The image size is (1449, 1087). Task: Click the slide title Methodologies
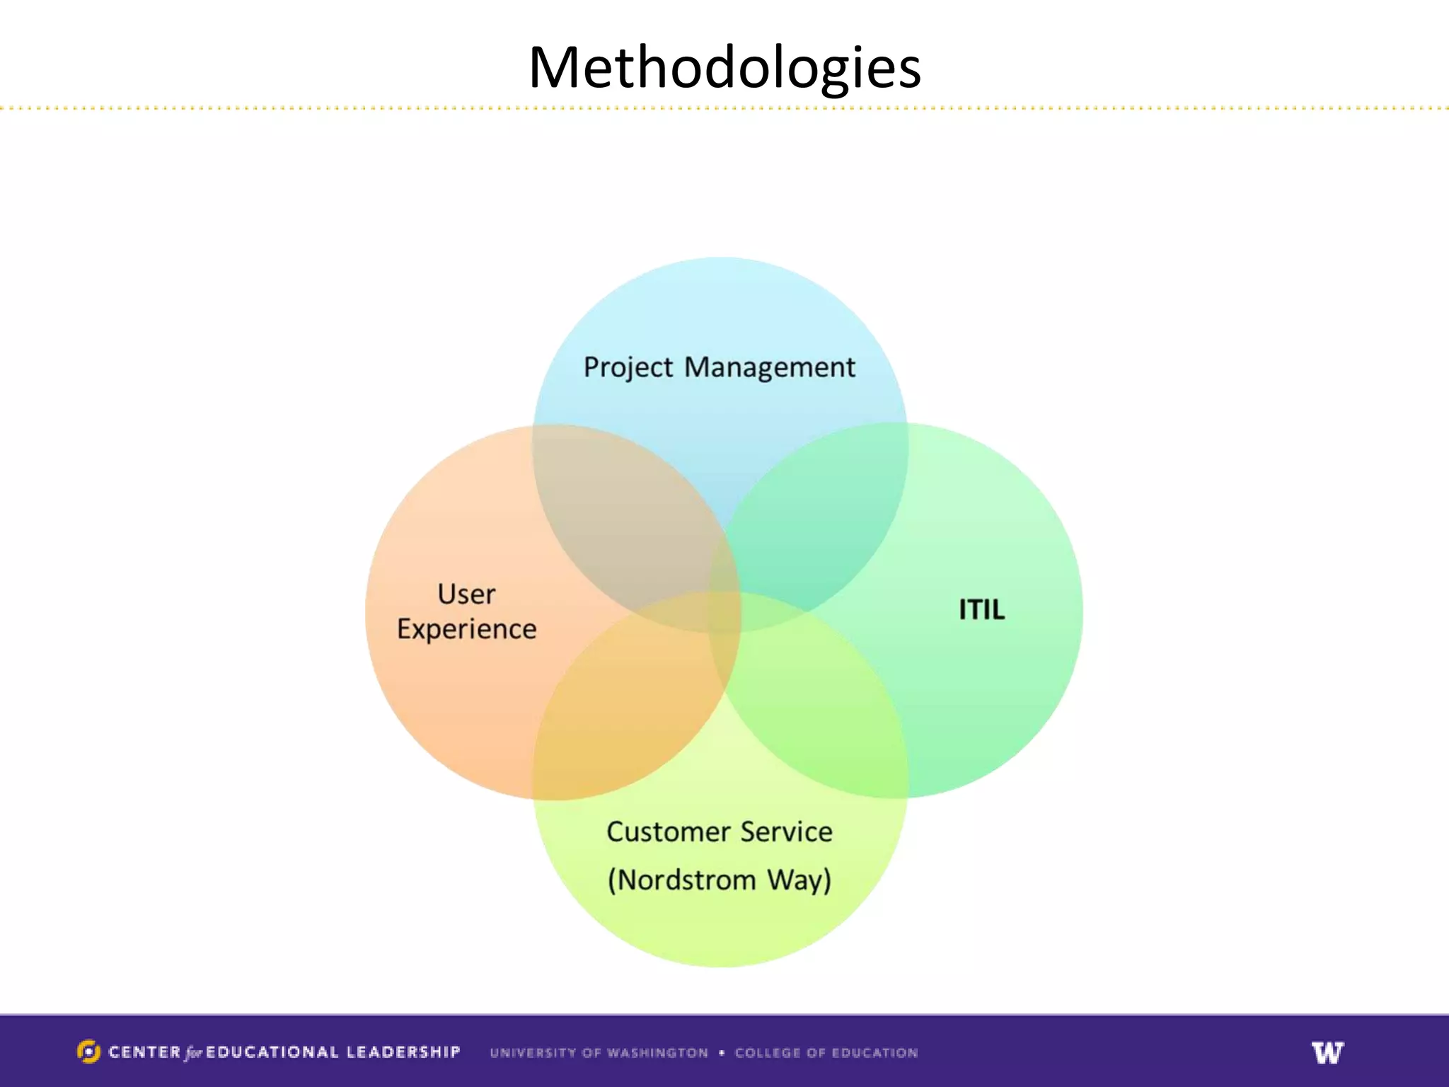pyautogui.click(x=724, y=68)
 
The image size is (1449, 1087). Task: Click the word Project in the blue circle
pyautogui.click(x=628, y=368)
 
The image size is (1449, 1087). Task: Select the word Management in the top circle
pyautogui.click(x=770, y=368)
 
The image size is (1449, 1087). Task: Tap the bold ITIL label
pyautogui.click(x=981, y=610)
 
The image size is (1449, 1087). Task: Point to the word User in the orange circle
pyautogui.click(x=466, y=594)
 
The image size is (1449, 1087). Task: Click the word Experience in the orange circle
pyautogui.click(x=466, y=629)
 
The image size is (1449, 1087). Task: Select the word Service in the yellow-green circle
pyautogui.click(x=787, y=832)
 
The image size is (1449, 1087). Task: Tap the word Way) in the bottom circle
pyautogui.click(x=799, y=880)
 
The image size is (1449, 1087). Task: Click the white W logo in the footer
pyautogui.click(x=1327, y=1052)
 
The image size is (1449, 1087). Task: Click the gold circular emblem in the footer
pyautogui.click(x=88, y=1052)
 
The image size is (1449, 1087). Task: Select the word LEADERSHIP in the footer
pyautogui.click(x=403, y=1052)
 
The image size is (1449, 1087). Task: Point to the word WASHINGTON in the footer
pyautogui.click(x=657, y=1053)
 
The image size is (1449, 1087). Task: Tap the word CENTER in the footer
pyautogui.click(x=145, y=1052)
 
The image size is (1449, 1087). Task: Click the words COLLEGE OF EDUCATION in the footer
pyautogui.click(x=826, y=1053)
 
